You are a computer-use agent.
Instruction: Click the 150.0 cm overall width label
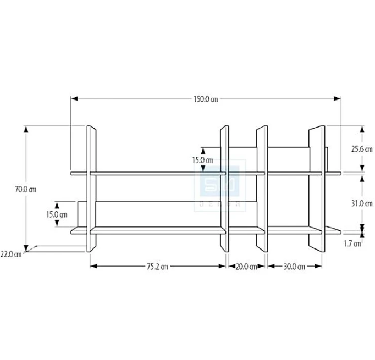[206, 99]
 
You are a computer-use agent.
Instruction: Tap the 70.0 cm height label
[26, 189]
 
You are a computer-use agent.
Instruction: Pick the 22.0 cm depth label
[11, 253]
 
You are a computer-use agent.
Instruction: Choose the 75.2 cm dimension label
[157, 267]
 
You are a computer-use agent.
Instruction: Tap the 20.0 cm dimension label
[246, 267]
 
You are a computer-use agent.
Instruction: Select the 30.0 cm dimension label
[294, 267]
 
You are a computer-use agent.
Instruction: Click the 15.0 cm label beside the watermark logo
[202, 160]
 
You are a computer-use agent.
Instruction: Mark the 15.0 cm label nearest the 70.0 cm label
[57, 214]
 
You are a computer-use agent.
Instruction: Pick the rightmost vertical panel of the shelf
[318, 187]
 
